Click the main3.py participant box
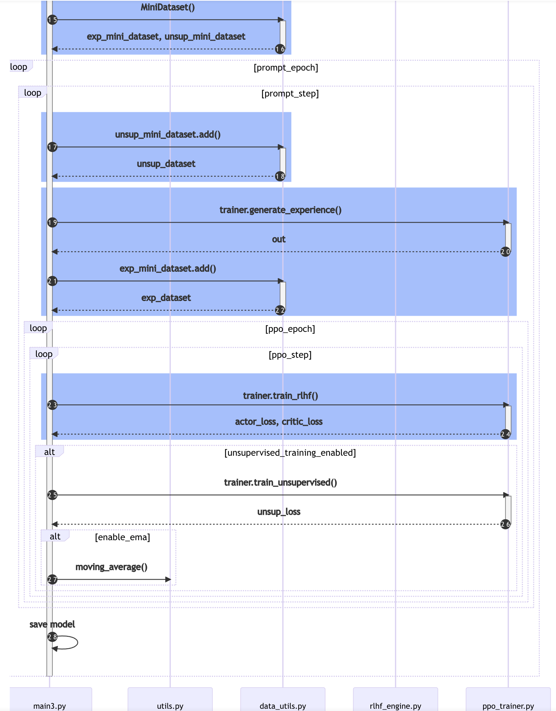[x=50, y=700]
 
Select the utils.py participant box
[x=170, y=700]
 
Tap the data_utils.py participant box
[x=283, y=700]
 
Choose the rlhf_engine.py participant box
[x=396, y=700]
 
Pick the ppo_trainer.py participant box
[x=508, y=700]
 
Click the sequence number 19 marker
[x=52, y=223]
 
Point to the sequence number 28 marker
[x=52, y=637]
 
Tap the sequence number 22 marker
[x=280, y=310]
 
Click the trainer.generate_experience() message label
[x=280, y=210]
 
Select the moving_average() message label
[x=111, y=567]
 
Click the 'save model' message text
[x=52, y=624]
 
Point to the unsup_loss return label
[x=279, y=512]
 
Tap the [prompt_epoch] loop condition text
[x=286, y=68]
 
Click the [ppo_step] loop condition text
[x=290, y=355]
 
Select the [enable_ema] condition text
[x=122, y=537]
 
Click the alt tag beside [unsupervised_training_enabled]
[x=49, y=452]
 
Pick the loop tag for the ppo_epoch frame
[x=38, y=328]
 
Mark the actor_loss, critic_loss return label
[x=279, y=422]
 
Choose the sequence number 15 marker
[x=52, y=20]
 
